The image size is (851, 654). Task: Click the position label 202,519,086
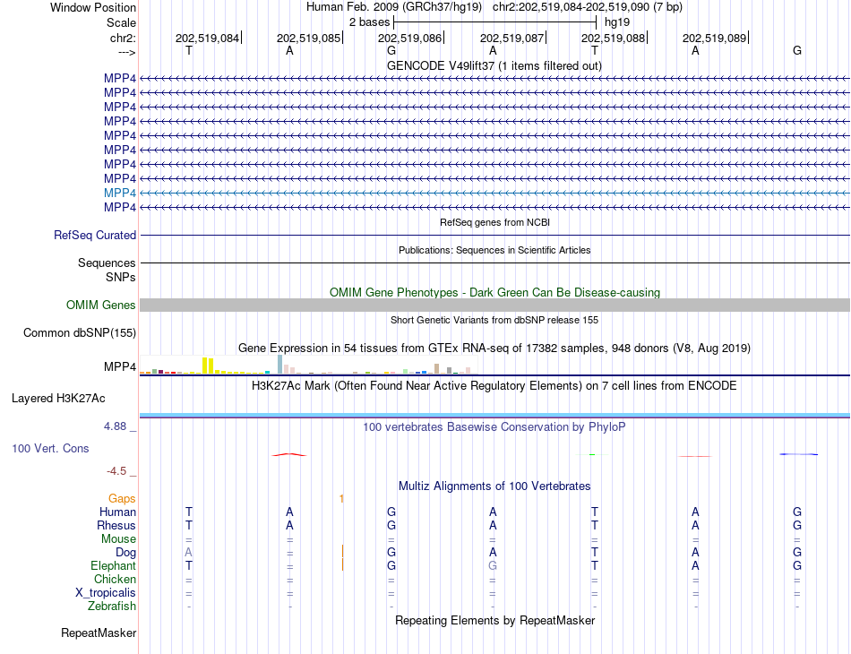pyautogui.click(x=409, y=38)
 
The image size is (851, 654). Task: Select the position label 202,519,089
pyautogui.click(x=714, y=38)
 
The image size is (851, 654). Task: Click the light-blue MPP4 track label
pyautogui.click(x=120, y=193)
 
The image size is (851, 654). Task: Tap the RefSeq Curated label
pyautogui.click(x=95, y=235)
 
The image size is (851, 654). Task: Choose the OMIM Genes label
pyautogui.click(x=101, y=305)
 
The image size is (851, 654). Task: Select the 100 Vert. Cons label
pyautogui.click(x=50, y=448)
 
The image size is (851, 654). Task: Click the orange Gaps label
pyautogui.click(x=122, y=498)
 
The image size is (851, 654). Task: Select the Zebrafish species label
pyautogui.click(x=112, y=607)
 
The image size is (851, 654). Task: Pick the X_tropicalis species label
pyautogui.click(x=106, y=593)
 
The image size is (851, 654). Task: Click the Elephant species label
pyautogui.click(x=113, y=566)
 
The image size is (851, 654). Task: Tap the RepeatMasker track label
pyautogui.click(x=99, y=633)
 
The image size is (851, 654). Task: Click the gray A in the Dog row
pyautogui.click(x=188, y=553)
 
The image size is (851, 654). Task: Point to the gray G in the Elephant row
pyautogui.click(x=492, y=566)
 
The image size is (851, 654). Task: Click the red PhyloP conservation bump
pyautogui.click(x=289, y=454)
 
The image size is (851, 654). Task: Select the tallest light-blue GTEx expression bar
pyautogui.click(x=279, y=364)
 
